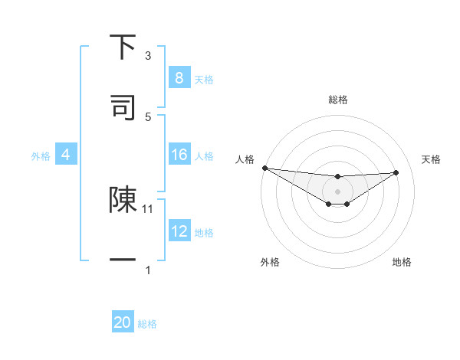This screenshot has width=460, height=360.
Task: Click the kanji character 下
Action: (123, 47)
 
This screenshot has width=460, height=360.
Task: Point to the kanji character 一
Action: (123, 260)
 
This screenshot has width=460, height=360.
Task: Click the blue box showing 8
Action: (179, 77)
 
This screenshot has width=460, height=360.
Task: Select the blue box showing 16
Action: (179, 155)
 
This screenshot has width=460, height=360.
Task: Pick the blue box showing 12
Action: (179, 231)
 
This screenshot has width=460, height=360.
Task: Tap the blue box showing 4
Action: (65, 155)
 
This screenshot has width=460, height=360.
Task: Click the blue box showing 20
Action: (123, 322)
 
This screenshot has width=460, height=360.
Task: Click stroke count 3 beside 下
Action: (148, 56)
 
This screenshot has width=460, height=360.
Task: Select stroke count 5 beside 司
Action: (148, 116)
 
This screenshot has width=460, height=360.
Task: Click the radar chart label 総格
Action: (337, 100)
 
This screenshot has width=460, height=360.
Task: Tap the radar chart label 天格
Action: (432, 159)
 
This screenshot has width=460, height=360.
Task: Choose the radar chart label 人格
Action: (245, 159)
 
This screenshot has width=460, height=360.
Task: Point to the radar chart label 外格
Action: (270, 262)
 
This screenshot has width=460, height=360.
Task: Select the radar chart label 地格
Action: (402, 262)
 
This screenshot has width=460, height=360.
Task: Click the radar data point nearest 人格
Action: (264, 168)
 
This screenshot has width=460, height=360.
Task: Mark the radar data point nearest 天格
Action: (396, 172)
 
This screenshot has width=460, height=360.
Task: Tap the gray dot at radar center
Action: (337, 191)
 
